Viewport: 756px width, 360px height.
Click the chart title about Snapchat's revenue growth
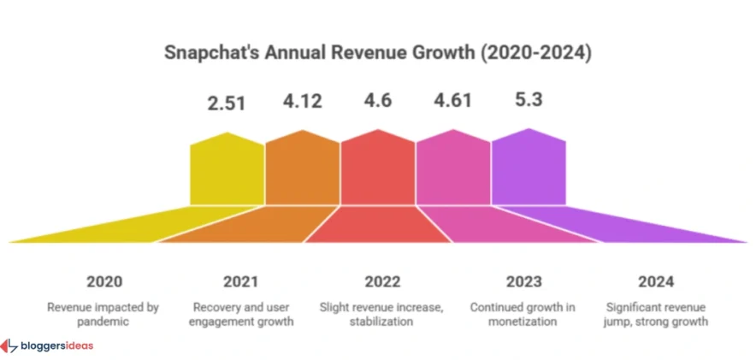377,53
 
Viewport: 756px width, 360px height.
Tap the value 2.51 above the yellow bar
227,104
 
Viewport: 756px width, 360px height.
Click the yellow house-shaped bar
227,171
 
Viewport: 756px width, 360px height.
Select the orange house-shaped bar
302,171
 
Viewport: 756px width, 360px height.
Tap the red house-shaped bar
377,171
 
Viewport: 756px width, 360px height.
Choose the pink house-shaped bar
452,171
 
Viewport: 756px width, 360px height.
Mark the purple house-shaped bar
528,171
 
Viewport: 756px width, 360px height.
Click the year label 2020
104,282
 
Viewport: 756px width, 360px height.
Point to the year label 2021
241,282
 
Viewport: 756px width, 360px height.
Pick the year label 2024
656,282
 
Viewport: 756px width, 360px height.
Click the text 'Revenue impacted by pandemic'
104,314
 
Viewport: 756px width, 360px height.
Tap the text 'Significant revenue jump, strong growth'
656,314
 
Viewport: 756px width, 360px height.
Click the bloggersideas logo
48,345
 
